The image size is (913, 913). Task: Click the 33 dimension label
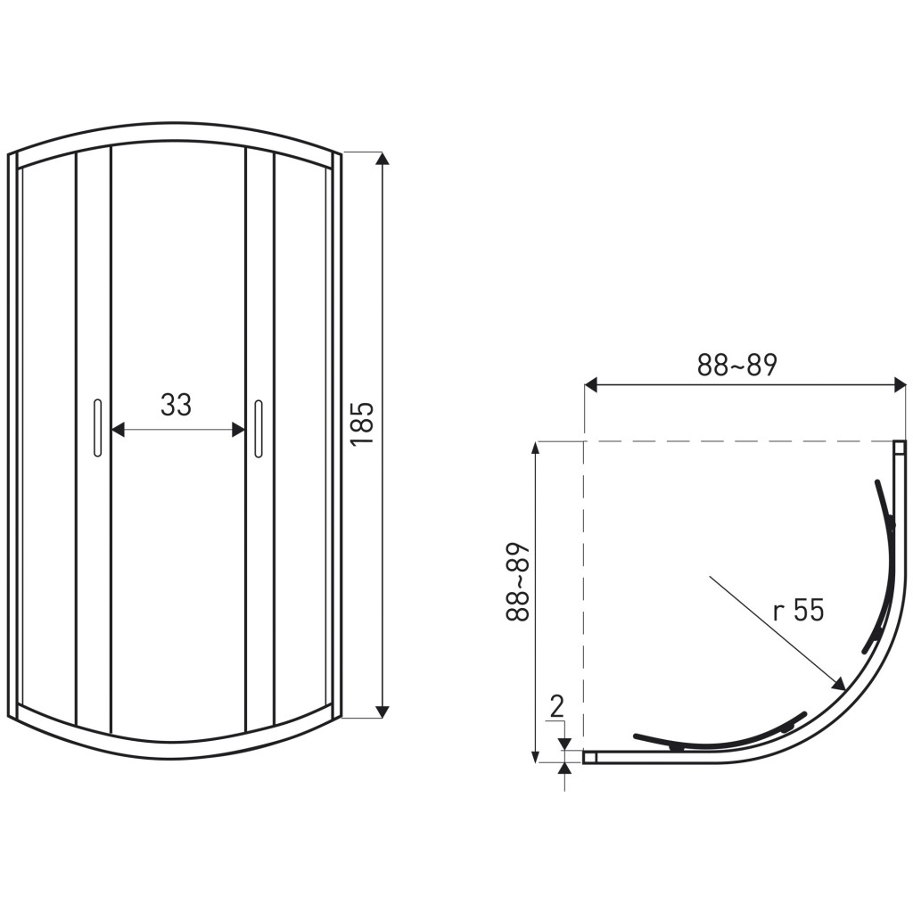[176, 405]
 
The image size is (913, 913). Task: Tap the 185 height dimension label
[362, 424]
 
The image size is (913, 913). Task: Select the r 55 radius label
[798, 611]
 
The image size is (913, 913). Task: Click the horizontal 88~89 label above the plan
[737, 365]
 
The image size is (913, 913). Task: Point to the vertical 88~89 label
[518, 581]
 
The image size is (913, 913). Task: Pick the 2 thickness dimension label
[557, 707]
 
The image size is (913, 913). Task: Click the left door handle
[97, 428]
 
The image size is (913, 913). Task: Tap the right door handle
[259, 428]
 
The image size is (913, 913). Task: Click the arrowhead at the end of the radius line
[840, 684]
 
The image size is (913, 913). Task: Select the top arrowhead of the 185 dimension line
[382, 159]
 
